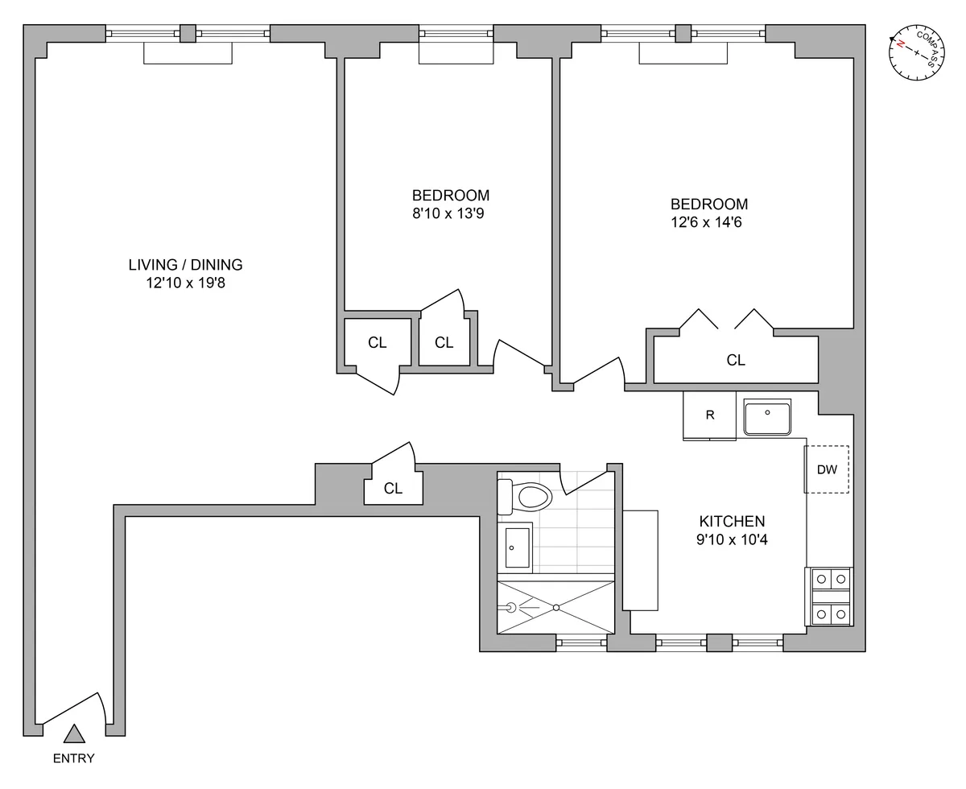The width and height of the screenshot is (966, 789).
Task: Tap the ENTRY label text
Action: click(x=73, y=758)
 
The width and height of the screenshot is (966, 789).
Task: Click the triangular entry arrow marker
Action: click(x=74, y=733)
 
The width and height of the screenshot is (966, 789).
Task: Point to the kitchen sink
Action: click(x=767, y=417)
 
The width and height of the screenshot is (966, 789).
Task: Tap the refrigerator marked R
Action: click(x=709, y=415)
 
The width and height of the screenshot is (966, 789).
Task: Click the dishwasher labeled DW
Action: click(x=827, y=469)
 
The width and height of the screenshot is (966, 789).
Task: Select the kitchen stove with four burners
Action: click(x=829, y=597)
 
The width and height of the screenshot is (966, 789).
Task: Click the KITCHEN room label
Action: click(x=732, y=521)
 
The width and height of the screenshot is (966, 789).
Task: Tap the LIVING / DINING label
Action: click(x=185, y=264)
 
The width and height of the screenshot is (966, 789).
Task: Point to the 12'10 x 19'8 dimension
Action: click(x=185, y=283)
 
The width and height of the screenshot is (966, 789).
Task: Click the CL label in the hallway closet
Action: click(x=393, y=488)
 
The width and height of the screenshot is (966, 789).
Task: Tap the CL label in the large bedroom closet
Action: click(x=736, y=361)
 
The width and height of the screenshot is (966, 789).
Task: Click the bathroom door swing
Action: click(x=581, y=481)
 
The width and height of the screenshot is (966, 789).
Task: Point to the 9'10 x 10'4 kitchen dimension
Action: click(x=732, y=540)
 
